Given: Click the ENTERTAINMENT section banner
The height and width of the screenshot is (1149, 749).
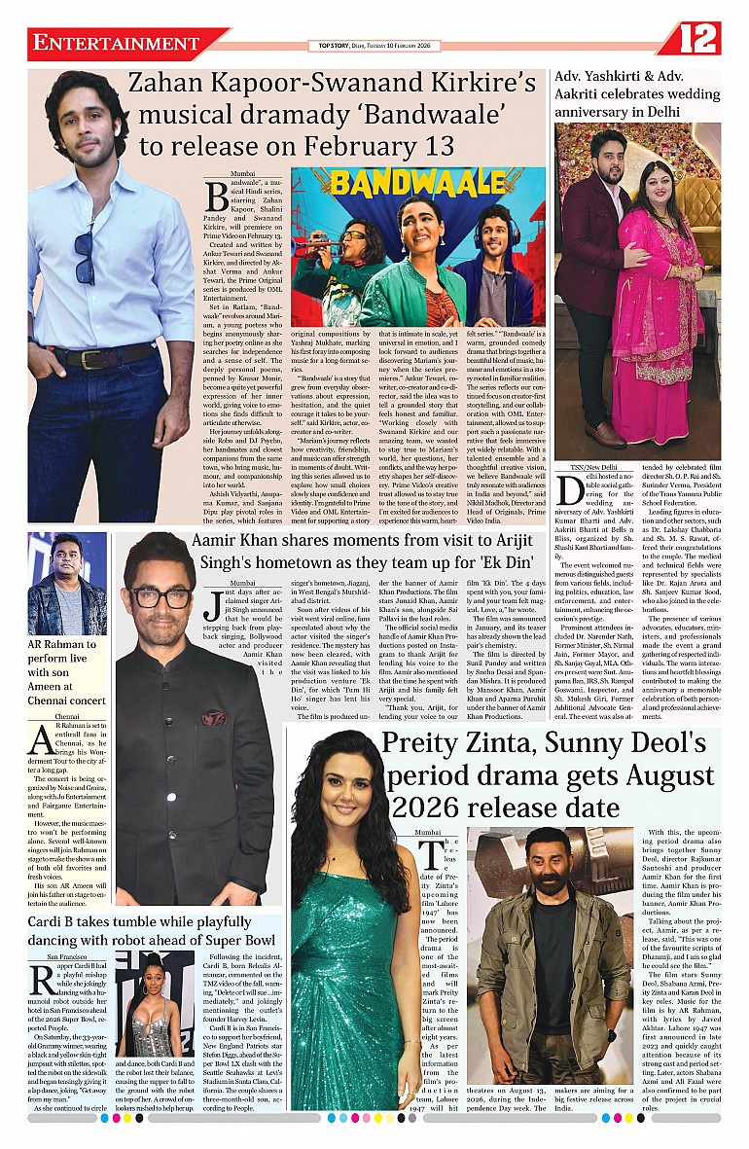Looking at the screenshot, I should tap(117, 44).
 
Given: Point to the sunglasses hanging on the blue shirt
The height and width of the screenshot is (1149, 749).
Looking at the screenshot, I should tap(86, 255).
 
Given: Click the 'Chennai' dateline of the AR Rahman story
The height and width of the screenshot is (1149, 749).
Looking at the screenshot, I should tap(67, 717).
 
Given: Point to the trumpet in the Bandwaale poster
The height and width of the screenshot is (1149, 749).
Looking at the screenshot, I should tap(327, 244).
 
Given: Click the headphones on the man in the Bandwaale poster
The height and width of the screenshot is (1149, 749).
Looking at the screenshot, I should tap(496, 230).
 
